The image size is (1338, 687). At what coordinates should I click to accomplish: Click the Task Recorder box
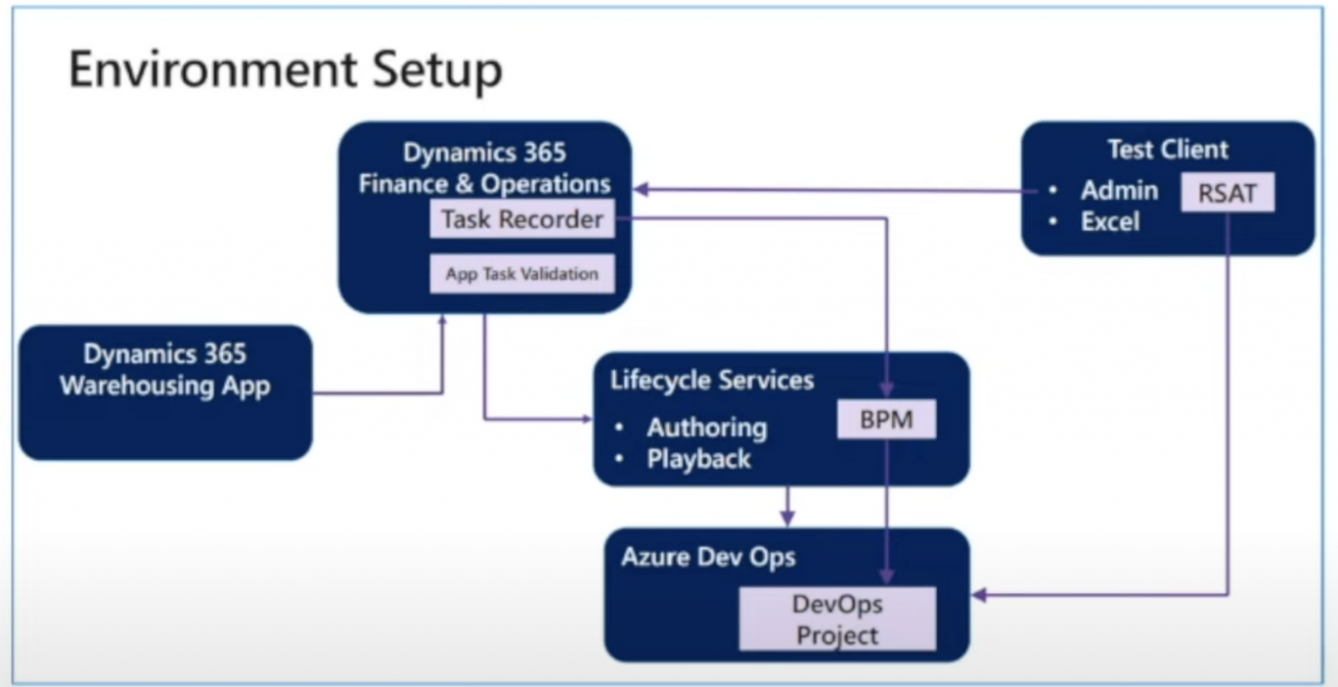[x=522, y=219]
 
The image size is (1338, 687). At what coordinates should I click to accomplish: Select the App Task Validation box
[x=522, y=274]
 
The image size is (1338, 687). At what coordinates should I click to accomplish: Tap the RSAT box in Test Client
[x=1226, y=193]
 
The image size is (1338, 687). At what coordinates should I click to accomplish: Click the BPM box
[x=886, y=420]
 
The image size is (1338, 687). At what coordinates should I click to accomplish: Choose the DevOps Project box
[x=837, y=619]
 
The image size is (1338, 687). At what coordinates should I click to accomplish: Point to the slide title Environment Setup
[x=286, y=70]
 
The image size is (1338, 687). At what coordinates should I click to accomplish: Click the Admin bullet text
[x=1118, y=191]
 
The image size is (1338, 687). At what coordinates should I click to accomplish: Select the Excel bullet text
[x=1110, y=222]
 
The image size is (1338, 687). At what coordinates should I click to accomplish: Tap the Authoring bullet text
[x=706, y=428]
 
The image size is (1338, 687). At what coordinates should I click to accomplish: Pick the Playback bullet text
[x=699, y=459]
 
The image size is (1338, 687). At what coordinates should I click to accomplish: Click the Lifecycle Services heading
[x=712, y=381]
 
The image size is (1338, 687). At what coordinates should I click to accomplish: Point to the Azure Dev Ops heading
[x=708, y=557]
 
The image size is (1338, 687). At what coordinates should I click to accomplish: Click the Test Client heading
[x=1167, y=150]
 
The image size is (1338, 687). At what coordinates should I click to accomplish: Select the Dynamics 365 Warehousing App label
[x=165, y=370]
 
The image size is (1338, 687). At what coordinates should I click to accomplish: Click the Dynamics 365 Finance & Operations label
[x=484, y=168]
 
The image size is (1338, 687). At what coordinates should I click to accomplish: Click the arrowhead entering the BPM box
[x=887, y=391]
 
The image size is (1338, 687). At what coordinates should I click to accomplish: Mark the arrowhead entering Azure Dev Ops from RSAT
[x=979, y=596]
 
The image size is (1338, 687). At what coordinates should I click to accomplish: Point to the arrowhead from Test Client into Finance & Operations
[x=641, y=189]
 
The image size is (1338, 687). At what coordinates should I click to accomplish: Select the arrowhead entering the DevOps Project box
[x=887, y=577]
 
